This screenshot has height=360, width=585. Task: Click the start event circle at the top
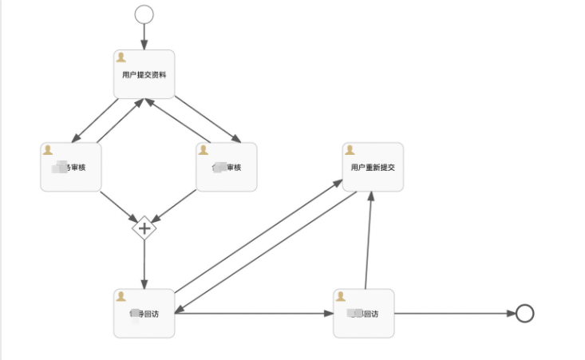click(x=144, y=14)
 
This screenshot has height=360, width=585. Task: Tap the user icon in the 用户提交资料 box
click(x=121, y=57)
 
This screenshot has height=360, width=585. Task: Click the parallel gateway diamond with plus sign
click(x=144, y=228)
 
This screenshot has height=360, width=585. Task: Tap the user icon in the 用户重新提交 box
click(x=350, y=149)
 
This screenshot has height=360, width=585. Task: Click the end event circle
click(x=524, y=313)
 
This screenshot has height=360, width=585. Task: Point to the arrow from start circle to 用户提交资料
click(x=144, y=36)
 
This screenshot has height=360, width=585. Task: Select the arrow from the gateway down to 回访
click(x=144, y=263)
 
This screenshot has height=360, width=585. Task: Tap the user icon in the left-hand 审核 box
click(x=48, y=149)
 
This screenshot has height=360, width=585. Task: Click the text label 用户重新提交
click(x=373, y=168)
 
